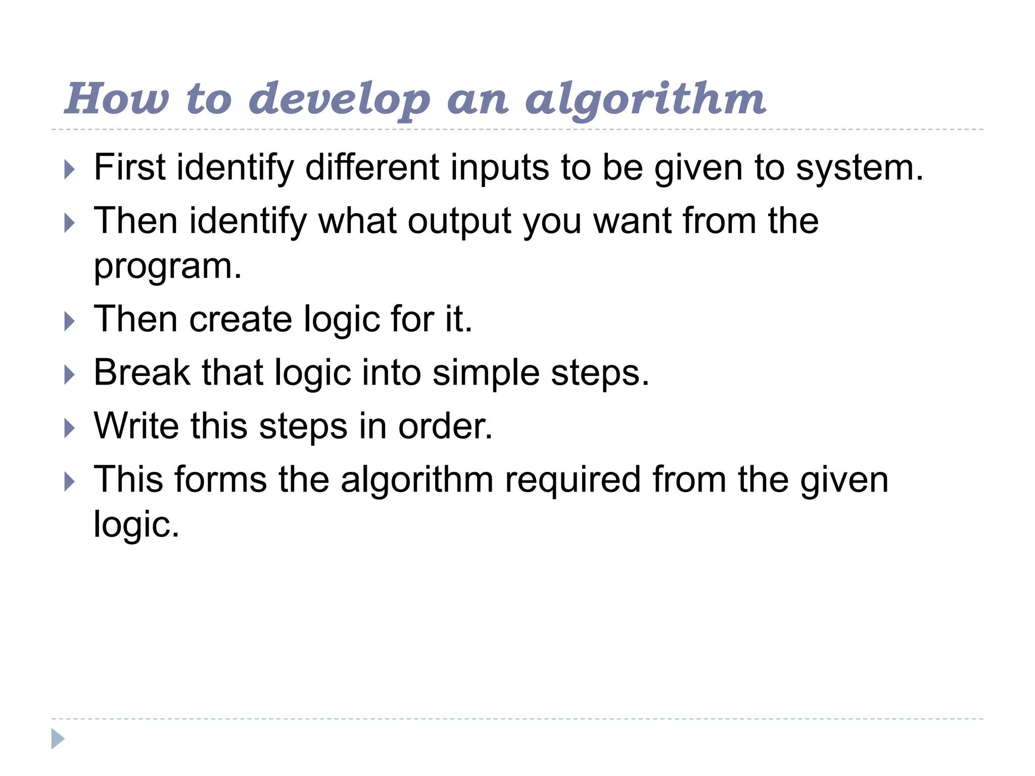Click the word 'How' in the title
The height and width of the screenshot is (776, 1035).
117,99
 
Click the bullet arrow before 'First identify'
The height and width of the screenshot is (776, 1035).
70,170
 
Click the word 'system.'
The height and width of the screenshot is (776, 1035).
860,168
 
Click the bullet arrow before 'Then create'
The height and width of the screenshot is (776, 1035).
70,322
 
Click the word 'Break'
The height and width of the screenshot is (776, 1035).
142,373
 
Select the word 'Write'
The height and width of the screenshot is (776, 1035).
136,426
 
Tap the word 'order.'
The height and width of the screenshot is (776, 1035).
445,426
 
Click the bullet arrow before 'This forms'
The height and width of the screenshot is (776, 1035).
70,482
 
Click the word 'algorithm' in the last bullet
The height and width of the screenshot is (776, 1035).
417,479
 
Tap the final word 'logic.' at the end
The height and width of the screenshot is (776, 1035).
136,525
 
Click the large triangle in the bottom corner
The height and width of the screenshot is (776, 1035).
58,739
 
